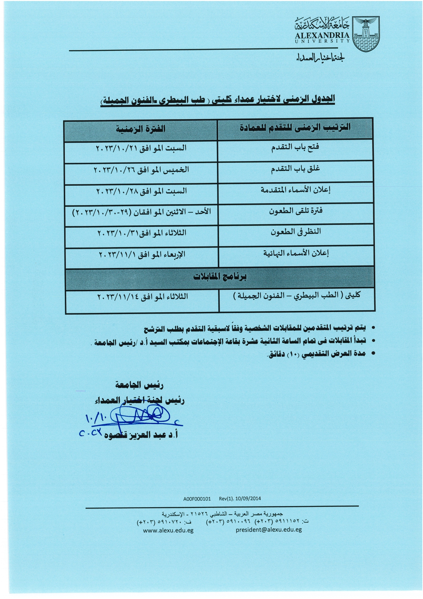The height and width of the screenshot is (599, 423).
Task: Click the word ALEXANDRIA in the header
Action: point(322,35)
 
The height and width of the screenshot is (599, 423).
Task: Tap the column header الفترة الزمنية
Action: point(141,129)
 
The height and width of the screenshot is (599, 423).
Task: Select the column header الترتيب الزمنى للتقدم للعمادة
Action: point(295,128)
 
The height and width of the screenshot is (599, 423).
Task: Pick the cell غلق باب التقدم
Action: point(295,169)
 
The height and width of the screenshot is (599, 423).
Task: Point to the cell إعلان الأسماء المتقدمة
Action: point(295,190)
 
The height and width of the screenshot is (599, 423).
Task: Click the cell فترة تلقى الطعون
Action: point(295,211)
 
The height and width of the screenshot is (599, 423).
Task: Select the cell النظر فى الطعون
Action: point(296,232)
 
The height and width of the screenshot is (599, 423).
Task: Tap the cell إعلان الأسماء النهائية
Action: point(296,253)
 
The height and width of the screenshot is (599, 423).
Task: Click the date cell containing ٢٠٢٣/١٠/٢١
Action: point(141,148)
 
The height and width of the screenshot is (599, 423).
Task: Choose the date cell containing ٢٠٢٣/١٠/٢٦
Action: point(141,170)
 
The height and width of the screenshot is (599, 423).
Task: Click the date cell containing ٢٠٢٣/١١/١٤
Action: point(143,297)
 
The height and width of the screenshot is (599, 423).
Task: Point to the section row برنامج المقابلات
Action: point(220,277)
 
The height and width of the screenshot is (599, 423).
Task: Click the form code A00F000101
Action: point(197,499)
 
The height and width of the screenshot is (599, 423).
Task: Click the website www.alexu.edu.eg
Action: point(168,530)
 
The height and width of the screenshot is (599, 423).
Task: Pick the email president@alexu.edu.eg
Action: point(268,530)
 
